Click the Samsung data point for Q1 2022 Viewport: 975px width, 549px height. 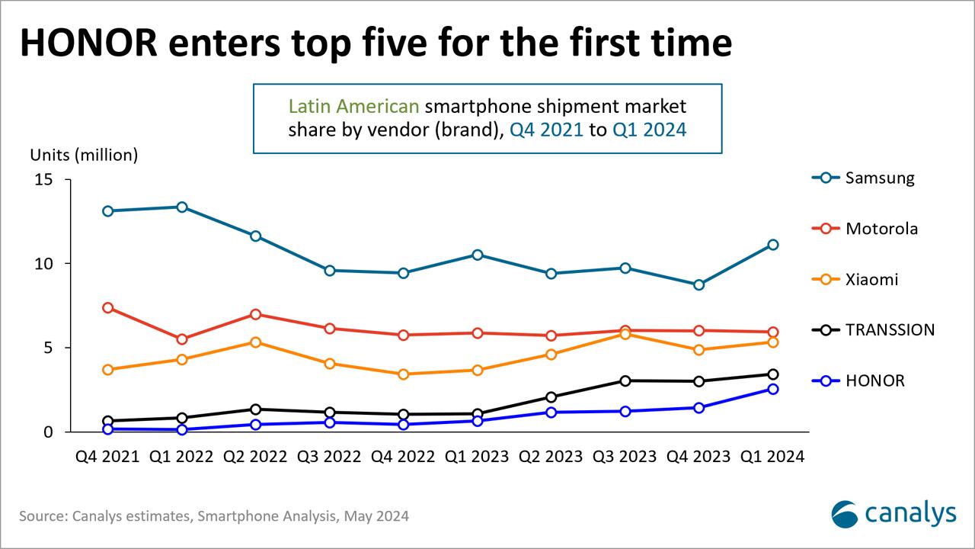point(182,207)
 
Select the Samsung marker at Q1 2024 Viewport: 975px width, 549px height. point(773,245)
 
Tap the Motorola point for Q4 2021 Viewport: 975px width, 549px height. point(108,308)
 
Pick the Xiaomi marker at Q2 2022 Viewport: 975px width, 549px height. point(256,342)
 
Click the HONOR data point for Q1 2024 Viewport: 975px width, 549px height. point(773,389)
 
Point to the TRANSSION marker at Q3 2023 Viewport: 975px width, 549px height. point(625,380)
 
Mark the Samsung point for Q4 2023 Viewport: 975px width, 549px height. point(699,284)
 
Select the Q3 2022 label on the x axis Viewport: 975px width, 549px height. point(329,456)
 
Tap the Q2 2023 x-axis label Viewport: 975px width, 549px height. point(551,456)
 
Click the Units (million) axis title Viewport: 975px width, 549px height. point(84,155)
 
